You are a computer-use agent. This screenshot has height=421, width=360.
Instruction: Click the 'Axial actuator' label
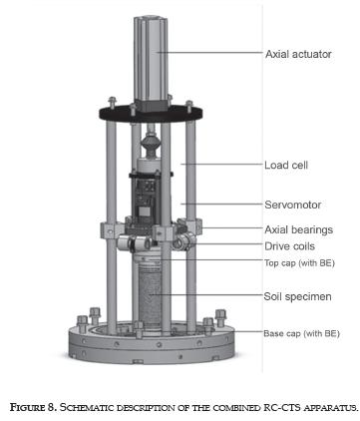(298, 54)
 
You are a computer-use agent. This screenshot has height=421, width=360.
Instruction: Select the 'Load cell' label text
(286, 165)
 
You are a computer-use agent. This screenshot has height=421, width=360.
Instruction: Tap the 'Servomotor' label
(292, 205)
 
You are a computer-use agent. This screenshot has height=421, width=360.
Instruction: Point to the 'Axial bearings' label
(298, 229)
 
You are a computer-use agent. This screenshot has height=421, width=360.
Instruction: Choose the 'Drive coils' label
(289, 246)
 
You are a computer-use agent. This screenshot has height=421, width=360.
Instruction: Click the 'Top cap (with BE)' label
(299, 263)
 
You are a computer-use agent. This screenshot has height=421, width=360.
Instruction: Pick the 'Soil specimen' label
(297, 296)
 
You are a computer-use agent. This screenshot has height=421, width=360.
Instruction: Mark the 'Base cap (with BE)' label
(301, 333)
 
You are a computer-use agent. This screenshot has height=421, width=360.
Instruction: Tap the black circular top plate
(151, 113)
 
